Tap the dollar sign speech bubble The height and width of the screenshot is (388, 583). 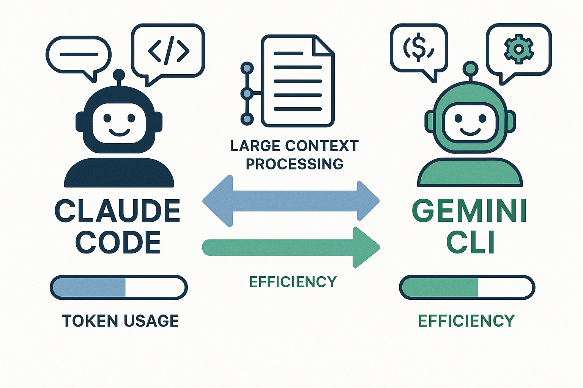(x=419, y=48)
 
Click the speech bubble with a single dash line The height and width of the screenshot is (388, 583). (x=79, y=55)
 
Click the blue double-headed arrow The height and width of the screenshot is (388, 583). (x=291, y=201)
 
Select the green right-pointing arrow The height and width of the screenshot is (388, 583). (x=291, y=247)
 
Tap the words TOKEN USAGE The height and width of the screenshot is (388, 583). (x=120, y=321)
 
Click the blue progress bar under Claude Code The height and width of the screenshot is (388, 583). (x=118, y=288)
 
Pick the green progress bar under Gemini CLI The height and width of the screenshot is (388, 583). (x=467, y=288)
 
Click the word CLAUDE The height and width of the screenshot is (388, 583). (x=117, y=211)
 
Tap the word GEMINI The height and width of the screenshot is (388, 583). (x=470, y=211)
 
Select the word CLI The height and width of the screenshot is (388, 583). (x=471, y=242)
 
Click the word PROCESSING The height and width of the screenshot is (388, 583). (x=295, y=164)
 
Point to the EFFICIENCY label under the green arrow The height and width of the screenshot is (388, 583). (x=293, y=282)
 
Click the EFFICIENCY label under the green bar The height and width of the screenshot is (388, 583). (x=466, y=321)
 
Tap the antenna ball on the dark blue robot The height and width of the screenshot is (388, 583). (x=119, y=74)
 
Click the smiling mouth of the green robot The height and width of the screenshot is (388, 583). (x=470, y=131)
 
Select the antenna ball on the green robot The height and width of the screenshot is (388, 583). (x=470, y=69)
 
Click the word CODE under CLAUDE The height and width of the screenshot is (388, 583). (x=118, y=242)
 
